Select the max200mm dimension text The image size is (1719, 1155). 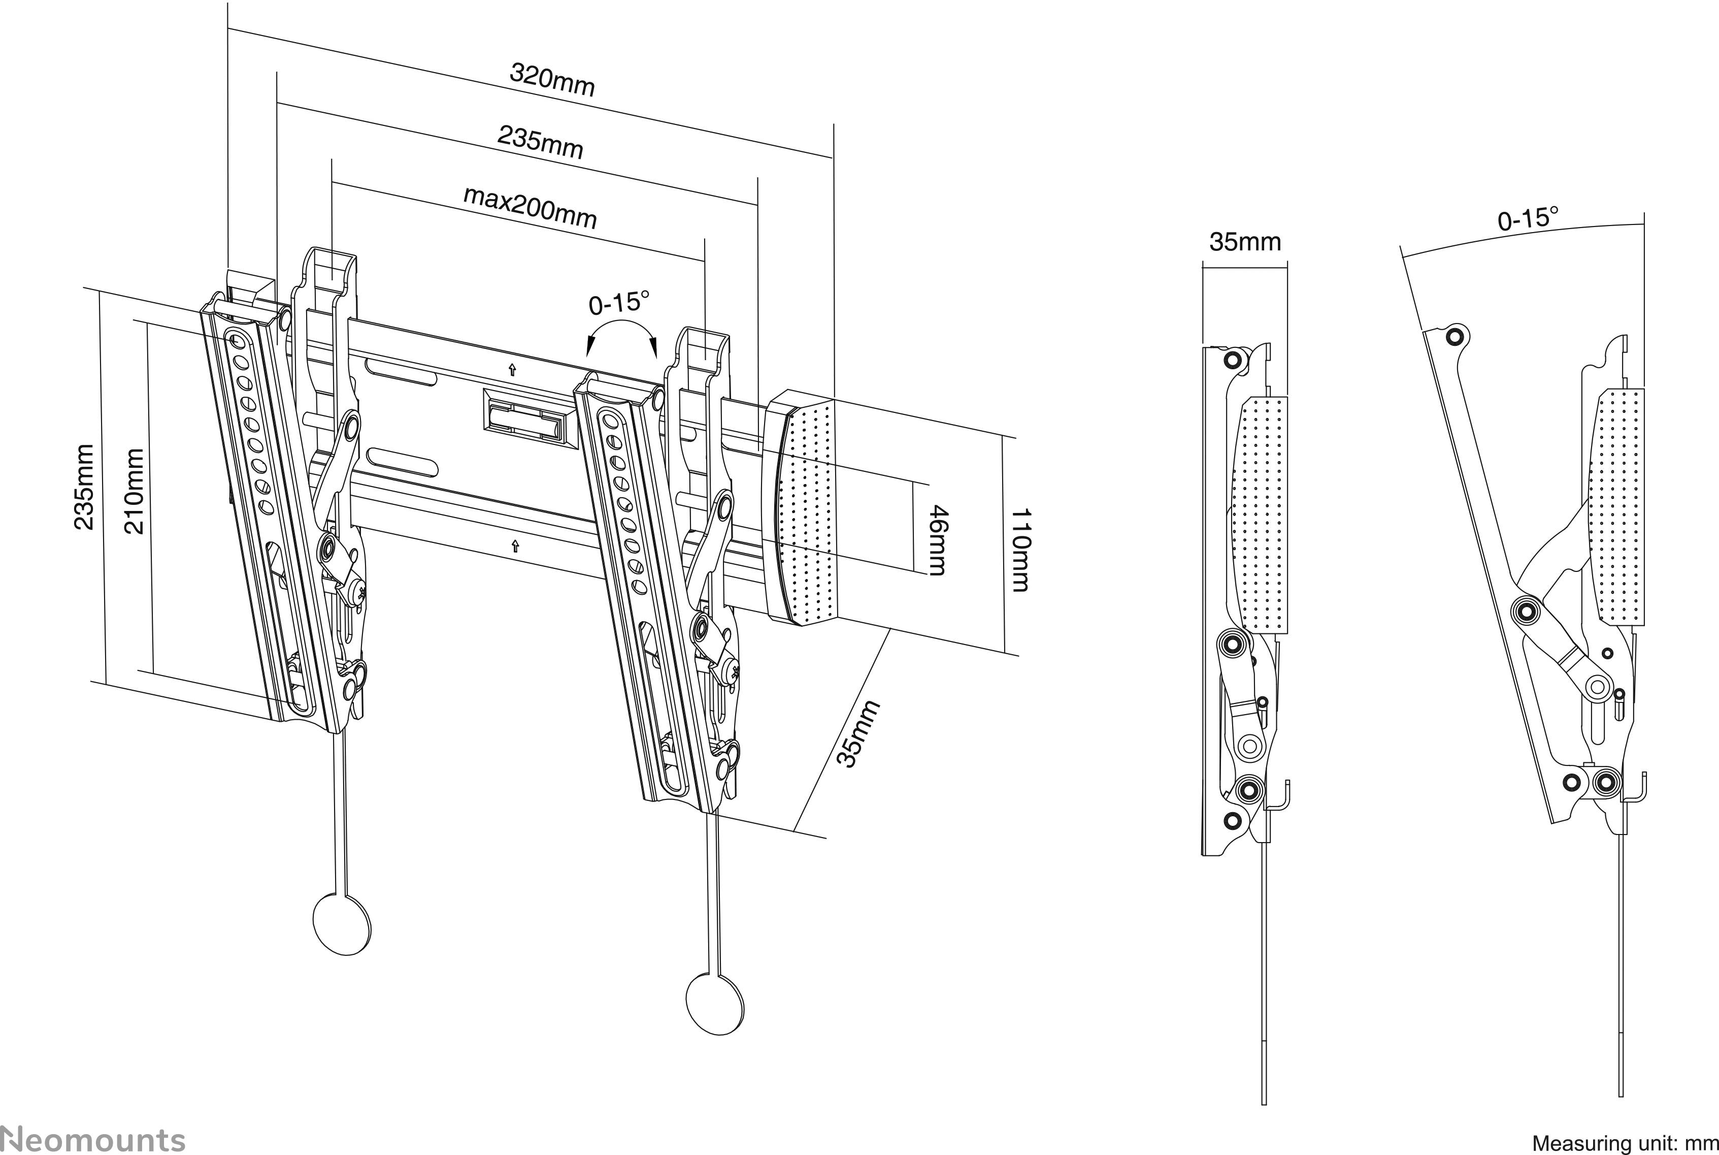click(x=530, y=207)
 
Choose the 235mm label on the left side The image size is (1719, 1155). click(x=85, y=487)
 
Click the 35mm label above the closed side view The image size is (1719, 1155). click(x=1245, y=242)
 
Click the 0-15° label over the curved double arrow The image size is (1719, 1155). click(x=619, y=303)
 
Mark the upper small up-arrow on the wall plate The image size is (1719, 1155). click(x=512, y=370)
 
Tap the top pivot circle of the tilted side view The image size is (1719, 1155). click(x=1453, y=337)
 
